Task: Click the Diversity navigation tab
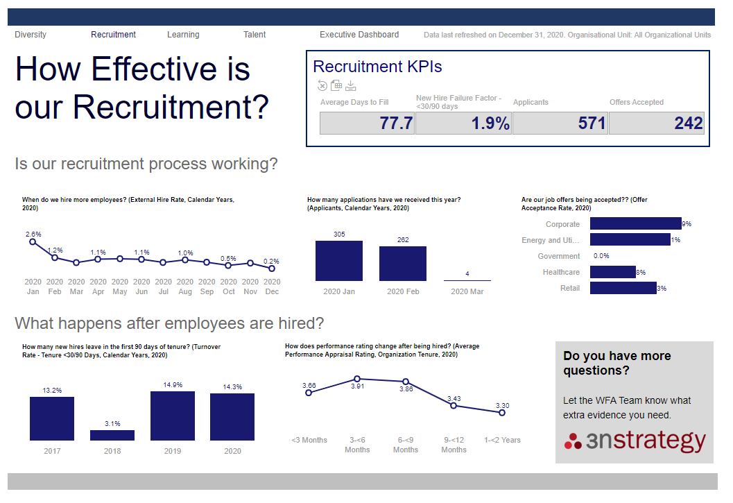coord(31,35)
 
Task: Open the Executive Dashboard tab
coord(359,35)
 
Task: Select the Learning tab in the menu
coord(183,35)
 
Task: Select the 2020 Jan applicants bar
coord(339,261)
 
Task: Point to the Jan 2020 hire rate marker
coord(33,241)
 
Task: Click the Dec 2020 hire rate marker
coord(272,268)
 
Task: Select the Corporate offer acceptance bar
coord(635,223)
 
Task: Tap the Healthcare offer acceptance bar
coord(612,272)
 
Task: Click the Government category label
coord(559,256)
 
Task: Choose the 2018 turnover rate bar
coord(112,435)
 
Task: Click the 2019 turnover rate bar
coord(173,416)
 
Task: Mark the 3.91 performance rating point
coord(357,379)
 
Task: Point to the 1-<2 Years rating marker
coord(502,413)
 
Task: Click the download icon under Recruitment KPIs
coord(351,86)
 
